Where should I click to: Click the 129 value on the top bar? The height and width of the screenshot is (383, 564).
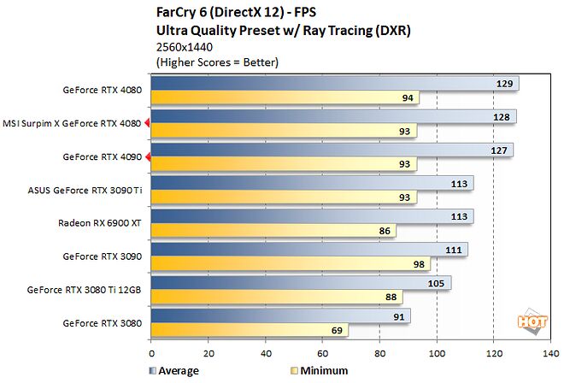click(x=504, y=84)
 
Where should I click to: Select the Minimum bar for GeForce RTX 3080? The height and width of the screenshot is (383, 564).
click(x=250, y=330)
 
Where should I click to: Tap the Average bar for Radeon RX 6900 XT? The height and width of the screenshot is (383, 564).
click(x=312, y=216)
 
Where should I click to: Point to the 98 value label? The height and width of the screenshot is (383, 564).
click(x=419, y=264)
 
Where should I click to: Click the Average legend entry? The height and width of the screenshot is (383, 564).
click(x=174, y=371)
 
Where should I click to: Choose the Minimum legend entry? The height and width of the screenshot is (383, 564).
click(x=320, y=371)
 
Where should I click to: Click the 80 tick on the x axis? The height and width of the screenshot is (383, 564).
click(x=379, y=353)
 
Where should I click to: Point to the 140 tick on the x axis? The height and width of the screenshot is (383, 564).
click(x=551, y=353)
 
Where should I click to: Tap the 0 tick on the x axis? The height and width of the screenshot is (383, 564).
click(x=151, y=353)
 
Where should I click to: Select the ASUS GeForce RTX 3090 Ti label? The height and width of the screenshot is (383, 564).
click(x=85, y=190)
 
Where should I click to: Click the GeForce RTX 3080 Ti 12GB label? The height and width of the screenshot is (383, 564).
click(x=84, y=290)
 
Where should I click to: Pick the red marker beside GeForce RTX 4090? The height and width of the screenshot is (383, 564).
click(x=148, y=157)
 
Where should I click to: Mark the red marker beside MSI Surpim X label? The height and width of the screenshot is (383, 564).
click(x=147, y=123)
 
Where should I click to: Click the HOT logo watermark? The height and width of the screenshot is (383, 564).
click(x=532, y=321)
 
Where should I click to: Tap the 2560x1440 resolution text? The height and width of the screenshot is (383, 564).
click(x=185, y=47)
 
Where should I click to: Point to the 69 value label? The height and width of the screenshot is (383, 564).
click(x=337, y=331)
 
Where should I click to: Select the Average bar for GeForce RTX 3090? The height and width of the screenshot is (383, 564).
click(x=309, y=250)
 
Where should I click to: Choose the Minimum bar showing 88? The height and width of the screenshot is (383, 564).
click(x=277, y=297)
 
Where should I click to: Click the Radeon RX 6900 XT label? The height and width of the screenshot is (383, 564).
click(x=100, y=223)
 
